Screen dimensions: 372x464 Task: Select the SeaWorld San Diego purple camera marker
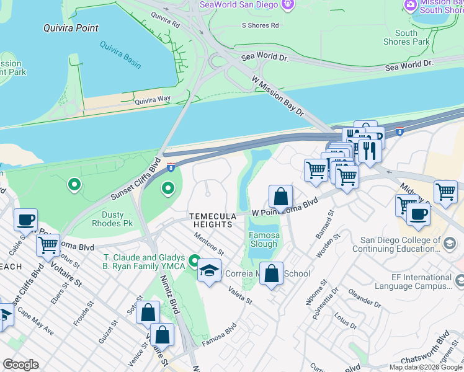point(287,5)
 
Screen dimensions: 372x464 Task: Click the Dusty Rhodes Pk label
point(112,219)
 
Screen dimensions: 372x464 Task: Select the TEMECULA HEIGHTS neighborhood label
point(213,220)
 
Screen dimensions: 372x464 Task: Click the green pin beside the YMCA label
point(194,260)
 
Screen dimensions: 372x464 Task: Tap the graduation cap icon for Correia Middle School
point(210,271)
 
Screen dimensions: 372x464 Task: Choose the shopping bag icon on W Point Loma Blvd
point(281,197)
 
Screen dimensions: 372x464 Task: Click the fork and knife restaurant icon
point(370,151)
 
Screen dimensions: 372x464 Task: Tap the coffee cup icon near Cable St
point(25,219)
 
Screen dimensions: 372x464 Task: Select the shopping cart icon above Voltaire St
point(48,245)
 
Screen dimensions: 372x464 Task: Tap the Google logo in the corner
point(20,365)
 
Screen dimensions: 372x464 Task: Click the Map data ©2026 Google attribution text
point(426,367)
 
